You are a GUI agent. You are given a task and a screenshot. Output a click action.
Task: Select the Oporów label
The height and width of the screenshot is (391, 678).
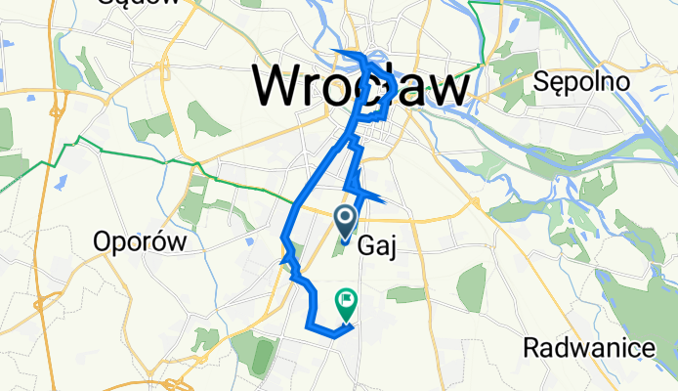tap(140, 242)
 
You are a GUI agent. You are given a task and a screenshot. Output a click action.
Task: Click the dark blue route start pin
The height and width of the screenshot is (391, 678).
tap(346, 221)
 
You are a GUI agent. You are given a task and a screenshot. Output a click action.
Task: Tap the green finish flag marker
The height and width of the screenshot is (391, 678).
tap(346, 301)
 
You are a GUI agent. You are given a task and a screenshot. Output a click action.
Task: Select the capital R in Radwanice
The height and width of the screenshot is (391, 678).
tap(531, 347)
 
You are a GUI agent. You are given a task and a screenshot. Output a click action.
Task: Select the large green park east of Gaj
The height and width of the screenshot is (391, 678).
tap(472, 289)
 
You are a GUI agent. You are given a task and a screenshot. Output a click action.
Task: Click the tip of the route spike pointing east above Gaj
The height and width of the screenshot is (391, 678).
tap(383, 202)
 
